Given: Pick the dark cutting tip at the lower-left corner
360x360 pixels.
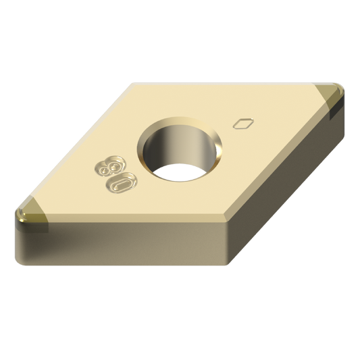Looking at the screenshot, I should tap(27, 214).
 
